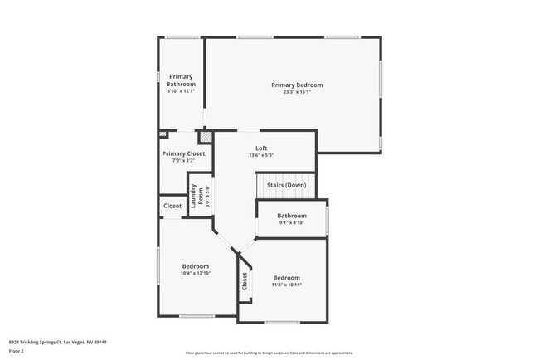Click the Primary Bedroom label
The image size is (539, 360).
(297, 85)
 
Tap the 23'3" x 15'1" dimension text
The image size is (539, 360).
(297, 92)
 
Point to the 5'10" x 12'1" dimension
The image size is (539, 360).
(181, 91)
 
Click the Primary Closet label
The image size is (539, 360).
(183, 153)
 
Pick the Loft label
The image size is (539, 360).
(261, 148)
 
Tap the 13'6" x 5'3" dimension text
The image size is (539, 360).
(261, 155)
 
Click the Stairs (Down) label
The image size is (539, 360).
(286, 184)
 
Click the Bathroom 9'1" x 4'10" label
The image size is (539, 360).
(292, 219)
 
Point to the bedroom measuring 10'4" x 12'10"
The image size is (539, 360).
(196, 270)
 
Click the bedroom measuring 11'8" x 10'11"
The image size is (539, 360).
(286, 281)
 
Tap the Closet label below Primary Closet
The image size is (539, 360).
(172, 206)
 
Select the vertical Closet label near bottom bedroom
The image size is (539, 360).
(245, 282)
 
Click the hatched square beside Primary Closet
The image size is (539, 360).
(205, 137)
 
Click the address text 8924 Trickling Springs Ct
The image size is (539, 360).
(57, 342)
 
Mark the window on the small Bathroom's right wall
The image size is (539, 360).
(328, 219)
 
